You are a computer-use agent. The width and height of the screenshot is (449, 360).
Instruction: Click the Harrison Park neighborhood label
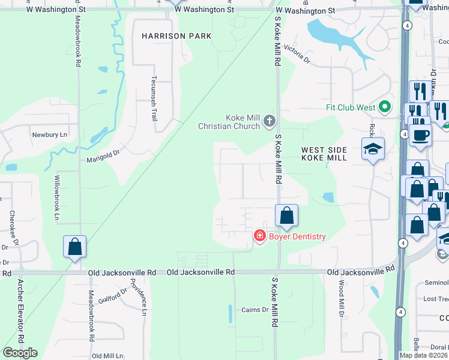176,36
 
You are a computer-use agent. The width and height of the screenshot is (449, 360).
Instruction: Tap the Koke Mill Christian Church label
229,122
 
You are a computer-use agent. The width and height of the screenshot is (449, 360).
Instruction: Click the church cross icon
269,122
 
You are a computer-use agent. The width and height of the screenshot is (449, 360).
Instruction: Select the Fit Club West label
350,108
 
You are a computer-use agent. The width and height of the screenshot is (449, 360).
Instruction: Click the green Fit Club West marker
385,108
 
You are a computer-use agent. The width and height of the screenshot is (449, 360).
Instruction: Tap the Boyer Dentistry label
297,236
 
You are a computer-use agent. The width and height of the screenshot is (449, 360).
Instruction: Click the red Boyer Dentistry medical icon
260,236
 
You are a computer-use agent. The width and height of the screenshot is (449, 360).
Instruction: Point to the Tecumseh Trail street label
154,98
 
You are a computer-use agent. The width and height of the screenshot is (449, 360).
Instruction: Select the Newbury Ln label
50,135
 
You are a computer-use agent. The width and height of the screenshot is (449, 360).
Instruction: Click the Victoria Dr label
297,54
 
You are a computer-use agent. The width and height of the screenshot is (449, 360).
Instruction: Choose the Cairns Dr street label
255,310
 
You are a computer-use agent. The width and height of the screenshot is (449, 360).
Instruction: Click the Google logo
20,353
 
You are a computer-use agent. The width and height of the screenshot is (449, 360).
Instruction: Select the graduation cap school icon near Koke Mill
373,148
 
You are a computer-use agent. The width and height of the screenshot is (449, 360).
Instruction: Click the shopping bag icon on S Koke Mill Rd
287,215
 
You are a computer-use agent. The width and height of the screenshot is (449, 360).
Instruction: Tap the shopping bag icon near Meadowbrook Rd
75,247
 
